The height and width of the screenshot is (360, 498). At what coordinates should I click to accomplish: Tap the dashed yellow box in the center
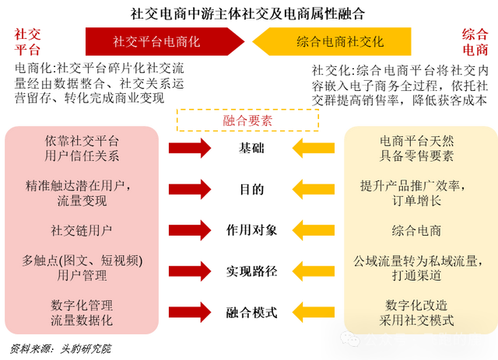(247, 121)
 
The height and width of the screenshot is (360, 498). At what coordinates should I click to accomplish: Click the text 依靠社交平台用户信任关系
(82, 149)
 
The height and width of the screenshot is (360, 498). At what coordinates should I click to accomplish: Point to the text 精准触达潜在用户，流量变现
(82, 194)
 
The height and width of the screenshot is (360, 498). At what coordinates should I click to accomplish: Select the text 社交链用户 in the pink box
(82, 230)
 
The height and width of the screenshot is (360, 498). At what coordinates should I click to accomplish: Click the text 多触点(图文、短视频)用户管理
(82, 267)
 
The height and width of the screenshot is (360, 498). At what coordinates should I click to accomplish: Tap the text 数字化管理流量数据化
(82, 312)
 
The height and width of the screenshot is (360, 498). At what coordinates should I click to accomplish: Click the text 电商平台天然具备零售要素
(416, 149)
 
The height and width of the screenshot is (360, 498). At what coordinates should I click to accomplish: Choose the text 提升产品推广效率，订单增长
(416, 194)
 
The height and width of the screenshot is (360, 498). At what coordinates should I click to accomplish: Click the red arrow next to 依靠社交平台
(190, 148)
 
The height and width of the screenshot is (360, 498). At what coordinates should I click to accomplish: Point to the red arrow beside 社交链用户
(190, 229)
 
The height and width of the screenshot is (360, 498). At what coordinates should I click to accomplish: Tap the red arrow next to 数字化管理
(190, 311)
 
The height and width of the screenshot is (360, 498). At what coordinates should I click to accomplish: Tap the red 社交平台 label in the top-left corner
(27, 42)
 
